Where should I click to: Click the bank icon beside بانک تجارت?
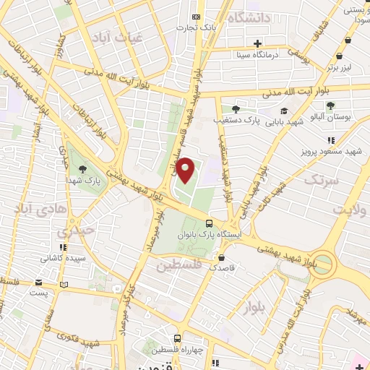pyautogui.click(x=195, y=17)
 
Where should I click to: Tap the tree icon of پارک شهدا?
pyautogui.click(x=92, y=170)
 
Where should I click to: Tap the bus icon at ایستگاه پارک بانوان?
pyautogui.click(x=209, y=224)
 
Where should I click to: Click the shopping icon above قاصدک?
pyautogui.click(x=221, y=256)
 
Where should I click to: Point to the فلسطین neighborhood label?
pyautogui.click(x=181, y=266)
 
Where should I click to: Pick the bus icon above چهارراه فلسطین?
pyautogui.click(x=178, y=337)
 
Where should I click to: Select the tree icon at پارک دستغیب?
pyautogui.click(x=236, y=108)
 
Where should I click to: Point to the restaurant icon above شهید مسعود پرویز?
pyautogui.click(x=332, y=141)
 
